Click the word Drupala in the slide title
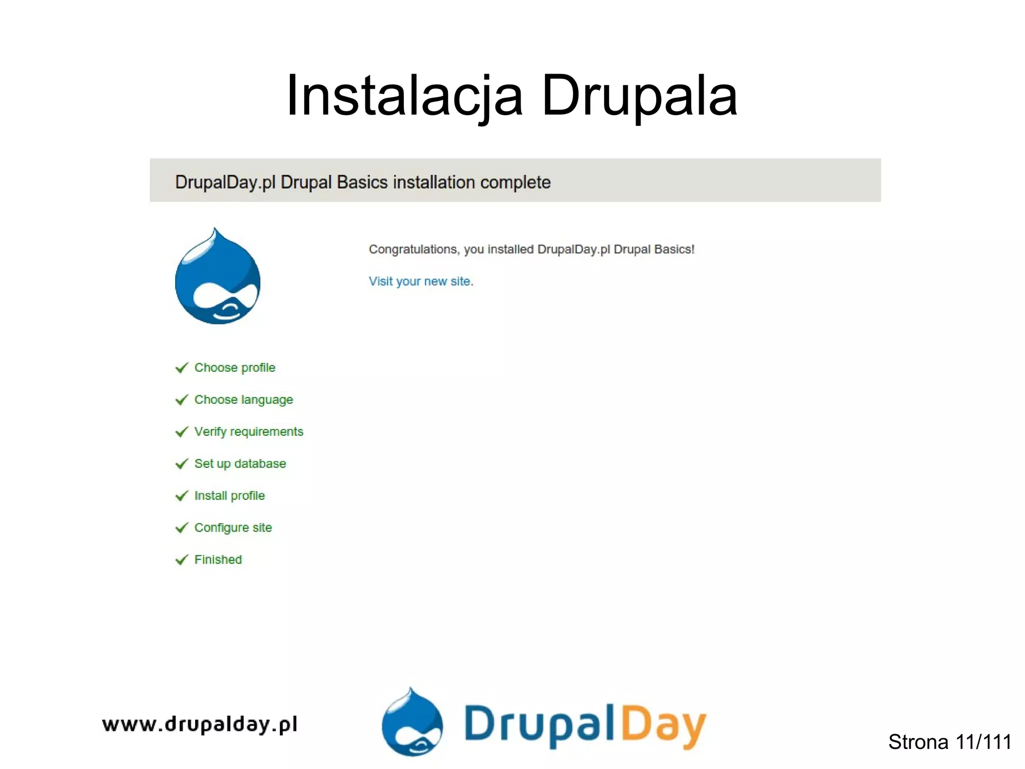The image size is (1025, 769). click(639, 96)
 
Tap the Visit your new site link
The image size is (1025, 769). click(420, 281)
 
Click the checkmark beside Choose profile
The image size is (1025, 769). click(182, 368)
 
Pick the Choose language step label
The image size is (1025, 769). click(243, 400)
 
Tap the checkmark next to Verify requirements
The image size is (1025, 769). click(182, 432)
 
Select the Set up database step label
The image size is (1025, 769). click(240, 463)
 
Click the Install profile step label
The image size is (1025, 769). click(229, 495)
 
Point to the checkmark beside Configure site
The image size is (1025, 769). click(182, 528)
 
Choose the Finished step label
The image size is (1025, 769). click(218, 560)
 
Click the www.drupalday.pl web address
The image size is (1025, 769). click(199, 724)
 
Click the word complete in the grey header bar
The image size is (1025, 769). click(515, 182)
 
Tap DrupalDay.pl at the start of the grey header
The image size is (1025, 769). click(225, 182)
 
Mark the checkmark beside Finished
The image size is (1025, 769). click(182, 560)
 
